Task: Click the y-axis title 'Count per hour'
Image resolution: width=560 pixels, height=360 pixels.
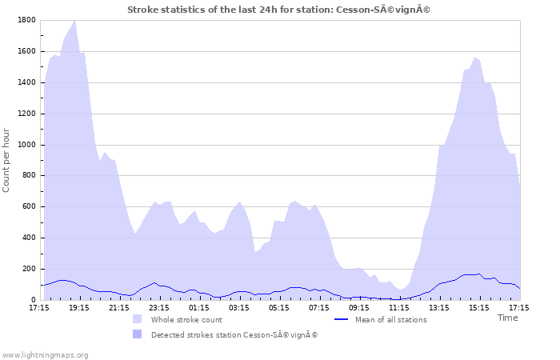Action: pyautogui.click(x=7, y=160)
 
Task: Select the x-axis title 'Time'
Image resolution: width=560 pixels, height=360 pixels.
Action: pyautogui.click(x=507, y=318)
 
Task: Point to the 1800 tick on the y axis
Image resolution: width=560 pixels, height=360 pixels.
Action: pyautogui.click(x=26, y=20)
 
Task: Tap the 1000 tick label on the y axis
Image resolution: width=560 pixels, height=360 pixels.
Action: pyautogui.click(x=26, y=145)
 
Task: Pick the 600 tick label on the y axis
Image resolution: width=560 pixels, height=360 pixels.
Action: pyautogui.click(x=29, y=207)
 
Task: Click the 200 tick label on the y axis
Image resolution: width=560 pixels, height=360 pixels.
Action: pyautogui.click(x=29, y=270)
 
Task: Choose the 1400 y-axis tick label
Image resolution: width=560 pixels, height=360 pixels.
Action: pyautogui.click(x=26, y=82)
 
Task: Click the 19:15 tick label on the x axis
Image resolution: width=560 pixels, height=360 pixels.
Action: pyautogui.click(x=79, y=307)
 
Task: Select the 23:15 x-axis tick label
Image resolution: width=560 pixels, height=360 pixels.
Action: pyautogui.click(x=159, y=307)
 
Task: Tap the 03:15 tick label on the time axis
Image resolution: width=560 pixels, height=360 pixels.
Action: pyautogui.click(x=239, y=307)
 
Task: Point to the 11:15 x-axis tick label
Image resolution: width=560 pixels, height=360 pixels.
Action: pyautogui.click(x=399, y=307)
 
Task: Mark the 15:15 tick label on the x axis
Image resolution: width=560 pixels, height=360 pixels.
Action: pyautogui.click(x=479, y=307)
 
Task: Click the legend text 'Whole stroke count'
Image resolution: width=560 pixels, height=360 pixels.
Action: pyautogui.click(x=186, y=320)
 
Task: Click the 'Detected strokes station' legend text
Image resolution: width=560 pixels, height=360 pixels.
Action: pyautogui.click(x=234, y=334)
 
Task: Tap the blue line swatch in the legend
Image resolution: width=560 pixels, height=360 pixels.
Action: pyautogui.click(x=342, y=319)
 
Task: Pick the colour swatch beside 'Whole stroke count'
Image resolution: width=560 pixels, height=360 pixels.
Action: pyautogui.click(x=138, y=319)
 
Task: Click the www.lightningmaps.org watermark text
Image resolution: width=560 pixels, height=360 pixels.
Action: pyautogui.click(x=45, y=354)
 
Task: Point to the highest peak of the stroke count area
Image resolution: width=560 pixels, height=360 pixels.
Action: pyautogui.click(x=74, y=22)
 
